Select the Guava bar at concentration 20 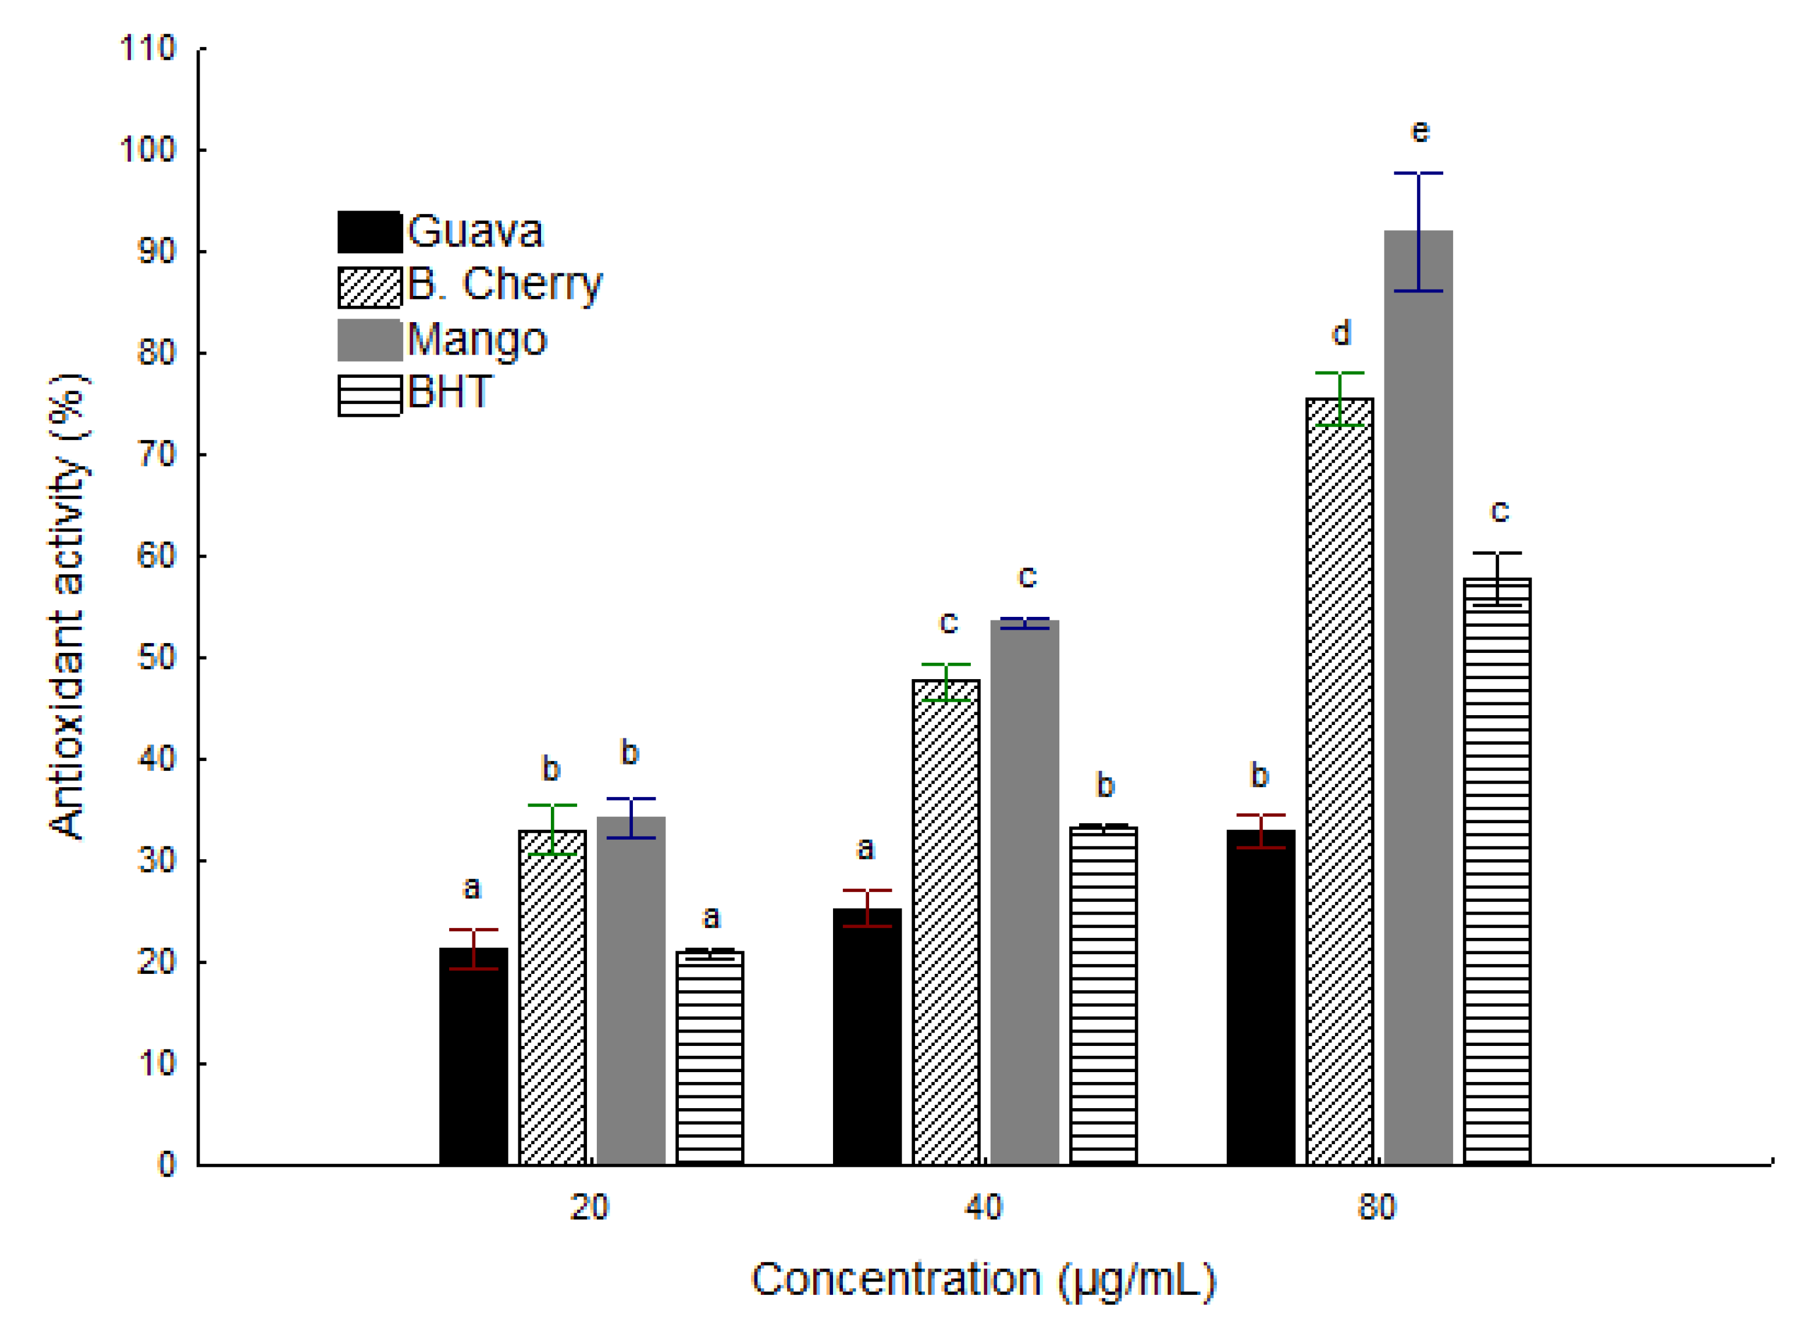(x=474, y=1065)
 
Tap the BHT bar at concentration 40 (x=1103, y=1000)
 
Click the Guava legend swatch (x=369, y=232)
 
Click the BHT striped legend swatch (x=369, y=396)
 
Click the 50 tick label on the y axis (x=156, y=658)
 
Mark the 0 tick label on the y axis (x=166, y=1165)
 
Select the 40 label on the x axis (x=983, y=1207)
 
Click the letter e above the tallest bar (x=1420, y=131)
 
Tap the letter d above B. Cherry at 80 (x=1341, y=333)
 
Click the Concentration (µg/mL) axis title (x=983, y=1280)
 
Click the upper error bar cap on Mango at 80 (x=1418, y=173)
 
